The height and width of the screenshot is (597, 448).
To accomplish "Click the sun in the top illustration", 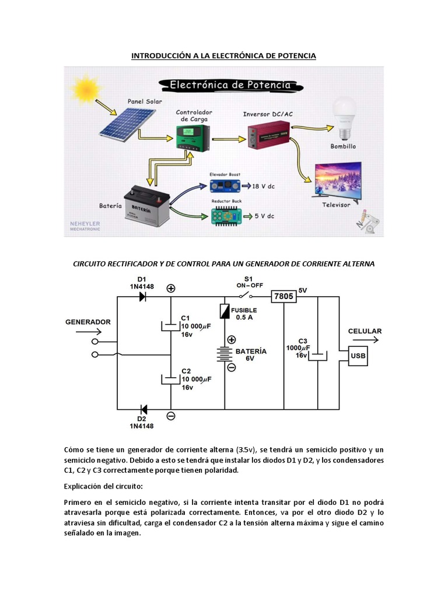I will [87, 89].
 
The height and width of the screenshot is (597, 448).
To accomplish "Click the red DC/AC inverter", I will [268, 135].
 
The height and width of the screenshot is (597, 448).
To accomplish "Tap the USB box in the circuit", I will [358, 356].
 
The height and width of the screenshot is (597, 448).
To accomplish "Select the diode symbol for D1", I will [142, 297].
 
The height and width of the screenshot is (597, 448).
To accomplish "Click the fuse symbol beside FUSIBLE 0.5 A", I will [225, 311].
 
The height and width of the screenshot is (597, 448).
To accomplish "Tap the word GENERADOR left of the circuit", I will [88, 322].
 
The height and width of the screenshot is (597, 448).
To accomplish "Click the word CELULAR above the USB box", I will [365, 331].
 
